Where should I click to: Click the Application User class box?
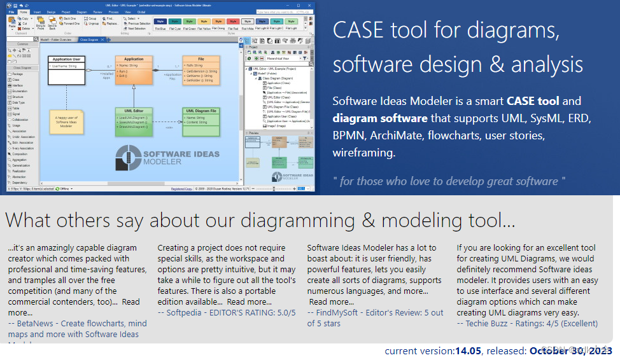[x=66, y=70]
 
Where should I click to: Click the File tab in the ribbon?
[x=11, y=12]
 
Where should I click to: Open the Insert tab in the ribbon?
[x=37, y=12]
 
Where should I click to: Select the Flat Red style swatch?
[x=234, y=24]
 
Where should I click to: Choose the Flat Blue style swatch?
[x=160, y=24]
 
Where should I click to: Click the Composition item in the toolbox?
[x=20, y=153]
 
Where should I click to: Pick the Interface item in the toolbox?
[x=18, y=85]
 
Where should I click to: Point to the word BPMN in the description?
[x=348, y=135]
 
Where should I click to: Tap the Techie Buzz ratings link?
[x=527, y=324]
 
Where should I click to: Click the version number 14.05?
[x=468, y=351]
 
